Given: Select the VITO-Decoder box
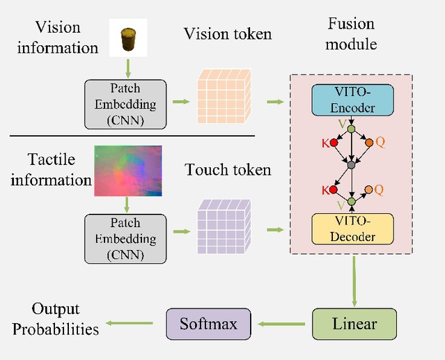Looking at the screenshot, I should [352, 228].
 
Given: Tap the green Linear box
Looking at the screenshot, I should [354, 324].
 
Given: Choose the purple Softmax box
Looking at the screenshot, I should [208, 324].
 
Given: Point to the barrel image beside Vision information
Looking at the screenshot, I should [128, 38].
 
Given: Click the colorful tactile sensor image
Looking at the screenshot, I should [128, 171].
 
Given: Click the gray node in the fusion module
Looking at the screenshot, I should [352, 165].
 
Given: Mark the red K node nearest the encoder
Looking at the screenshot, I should [334, 143].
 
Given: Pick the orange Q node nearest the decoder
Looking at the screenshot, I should [370, 189].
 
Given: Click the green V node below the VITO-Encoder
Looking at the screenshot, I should [352, 129].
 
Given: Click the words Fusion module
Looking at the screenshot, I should [352, 34].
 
